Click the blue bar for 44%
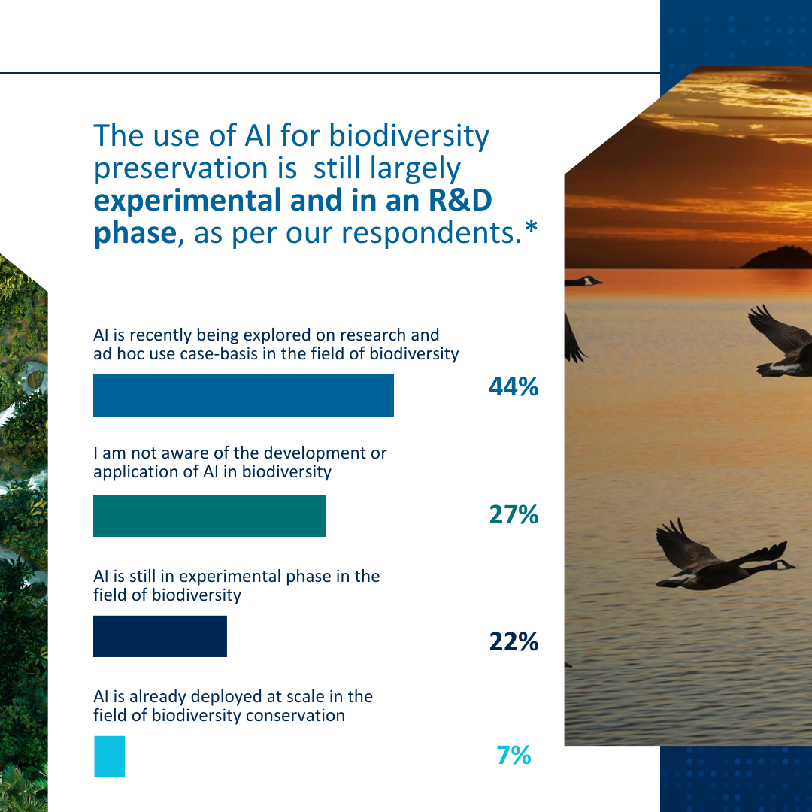[x=243, y=395]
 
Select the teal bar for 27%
[x=209, y=516]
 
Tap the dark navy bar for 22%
[x=159, y=636]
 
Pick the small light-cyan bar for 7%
[x=109, y=756]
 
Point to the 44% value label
[x=514, y=387]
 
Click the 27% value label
[x=514, y=515]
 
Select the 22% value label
[x=514, y=642]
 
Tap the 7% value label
[x=514, y=755]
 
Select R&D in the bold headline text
[x=459, y=201]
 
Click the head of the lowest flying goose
[x=785, y=565]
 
